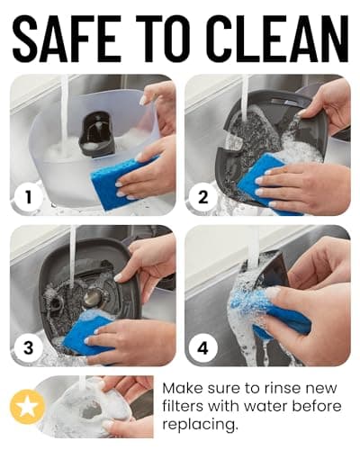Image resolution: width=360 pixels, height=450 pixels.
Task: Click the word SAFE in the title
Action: click(x=67, y=38)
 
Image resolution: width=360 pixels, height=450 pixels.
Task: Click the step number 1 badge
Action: click(x=28, y=197)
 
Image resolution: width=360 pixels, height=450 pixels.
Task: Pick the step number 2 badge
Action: click(x=203, y=197)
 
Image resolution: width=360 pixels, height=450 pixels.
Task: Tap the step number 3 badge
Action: click(x=28, y=348)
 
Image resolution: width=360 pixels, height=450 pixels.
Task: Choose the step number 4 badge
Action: click(x=203, y=348)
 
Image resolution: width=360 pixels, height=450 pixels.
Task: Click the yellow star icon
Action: click(x=28, y=407)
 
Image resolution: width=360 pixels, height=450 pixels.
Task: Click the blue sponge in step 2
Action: click(x=264, y=183)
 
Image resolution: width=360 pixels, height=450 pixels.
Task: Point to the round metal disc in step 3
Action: click(x=92, y=299)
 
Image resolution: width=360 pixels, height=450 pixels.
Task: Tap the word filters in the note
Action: click(x=183, y=406)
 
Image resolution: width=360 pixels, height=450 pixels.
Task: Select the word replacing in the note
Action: click(x=200, y=426)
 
